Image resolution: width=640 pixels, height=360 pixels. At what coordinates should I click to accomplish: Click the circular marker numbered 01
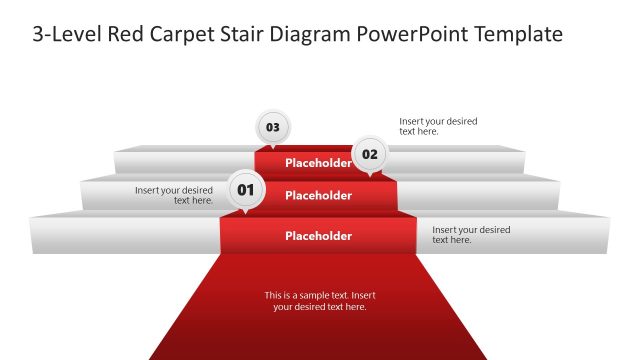pos(246,188)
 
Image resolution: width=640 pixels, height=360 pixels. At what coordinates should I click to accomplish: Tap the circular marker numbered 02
pos(370,154)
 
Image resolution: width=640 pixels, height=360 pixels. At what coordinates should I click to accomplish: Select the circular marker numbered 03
pos(272,127)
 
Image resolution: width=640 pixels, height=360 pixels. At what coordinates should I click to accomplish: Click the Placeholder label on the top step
pos(318,163)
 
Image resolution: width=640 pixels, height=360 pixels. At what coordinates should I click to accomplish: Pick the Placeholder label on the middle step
pos(318,196)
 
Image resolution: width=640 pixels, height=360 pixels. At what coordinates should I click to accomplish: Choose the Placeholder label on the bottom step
pos(318,236)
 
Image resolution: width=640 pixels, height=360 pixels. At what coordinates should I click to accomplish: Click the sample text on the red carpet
pos(320,301)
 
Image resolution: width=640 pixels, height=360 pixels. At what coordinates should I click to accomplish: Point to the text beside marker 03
pos(438,126)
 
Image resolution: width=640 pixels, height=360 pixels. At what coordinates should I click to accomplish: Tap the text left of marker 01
pos(174,195)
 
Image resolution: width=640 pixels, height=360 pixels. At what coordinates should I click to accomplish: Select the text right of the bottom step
pos(471,235)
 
